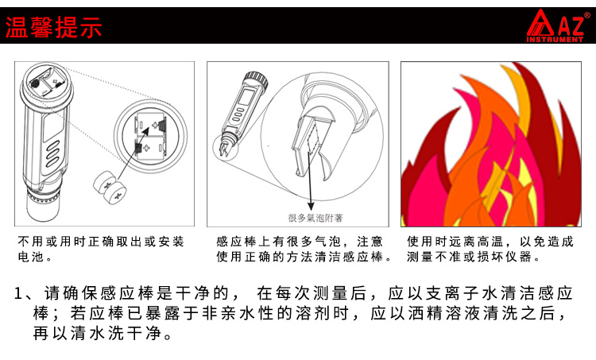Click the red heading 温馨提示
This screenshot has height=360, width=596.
[53, 27]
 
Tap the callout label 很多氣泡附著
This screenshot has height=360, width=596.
[315, 218]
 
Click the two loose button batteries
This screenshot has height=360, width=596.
[110, 187]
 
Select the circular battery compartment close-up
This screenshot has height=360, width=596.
[151, 135]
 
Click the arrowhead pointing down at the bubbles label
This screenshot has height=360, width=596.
[311, 206]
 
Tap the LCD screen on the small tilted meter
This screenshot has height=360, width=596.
[245, 99]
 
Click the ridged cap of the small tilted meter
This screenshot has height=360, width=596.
[255, 79]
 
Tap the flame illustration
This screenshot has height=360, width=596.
[491, 144]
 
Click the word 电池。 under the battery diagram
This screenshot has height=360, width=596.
[35, 257]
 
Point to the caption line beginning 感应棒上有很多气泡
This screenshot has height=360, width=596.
[300, 242]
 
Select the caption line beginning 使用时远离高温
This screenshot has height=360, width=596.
[490, 242]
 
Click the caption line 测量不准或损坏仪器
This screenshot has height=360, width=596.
[474, 257]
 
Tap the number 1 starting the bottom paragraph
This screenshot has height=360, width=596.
[18, 293]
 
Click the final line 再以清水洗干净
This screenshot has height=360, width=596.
[103, 334]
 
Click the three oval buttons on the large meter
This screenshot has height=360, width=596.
[52, 153]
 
